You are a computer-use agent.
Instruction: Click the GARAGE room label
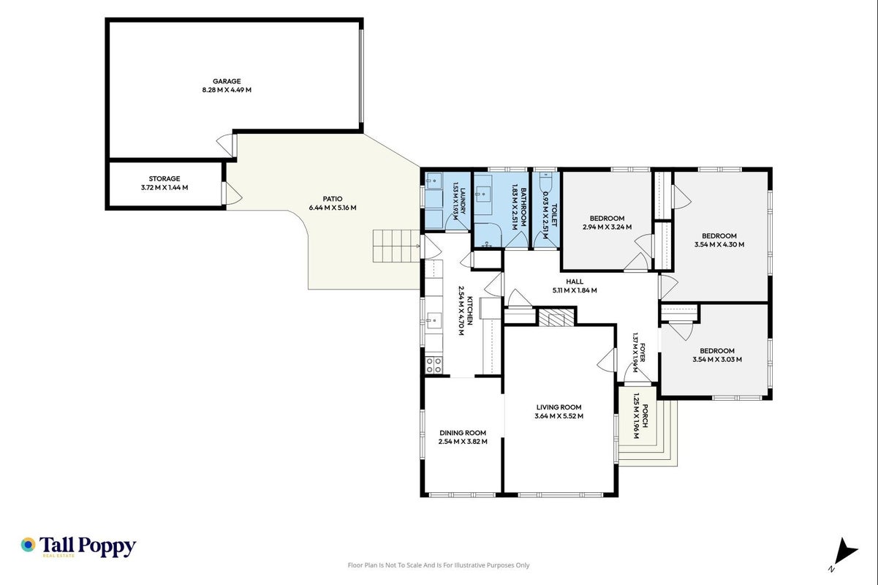[227, 81]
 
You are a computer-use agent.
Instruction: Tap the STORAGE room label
[164, 179]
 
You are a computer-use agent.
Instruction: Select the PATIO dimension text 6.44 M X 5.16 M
[333, 208]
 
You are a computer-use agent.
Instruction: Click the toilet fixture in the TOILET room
[545, 182]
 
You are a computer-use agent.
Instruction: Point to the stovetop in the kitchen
[434, 365]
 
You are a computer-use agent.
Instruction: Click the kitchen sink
[434, 320]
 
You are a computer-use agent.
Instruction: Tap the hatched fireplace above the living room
[556, 317]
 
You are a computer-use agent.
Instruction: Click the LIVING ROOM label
[559, 407]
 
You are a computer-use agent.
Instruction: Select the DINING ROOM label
[463, 433]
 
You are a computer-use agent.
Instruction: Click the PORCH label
[645, 416]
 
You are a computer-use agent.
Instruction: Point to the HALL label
[575, 282]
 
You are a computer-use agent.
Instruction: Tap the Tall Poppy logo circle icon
[28, 545]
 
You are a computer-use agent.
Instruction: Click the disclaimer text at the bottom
[439, 565]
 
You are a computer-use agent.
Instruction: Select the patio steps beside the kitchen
[396, 246]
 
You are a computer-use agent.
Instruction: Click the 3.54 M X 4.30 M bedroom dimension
[719, 245]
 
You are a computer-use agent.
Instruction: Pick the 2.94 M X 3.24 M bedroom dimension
[608, 227]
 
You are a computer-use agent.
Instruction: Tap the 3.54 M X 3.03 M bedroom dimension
[717, 360]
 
